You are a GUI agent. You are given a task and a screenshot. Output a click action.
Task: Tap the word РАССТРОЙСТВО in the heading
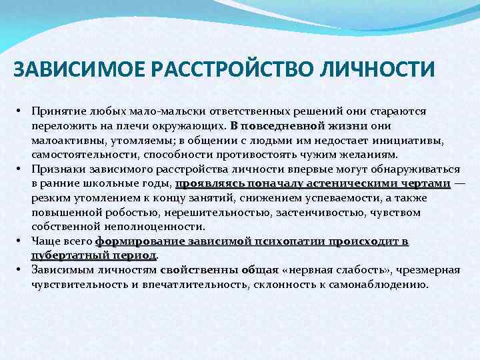click(201, 70)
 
